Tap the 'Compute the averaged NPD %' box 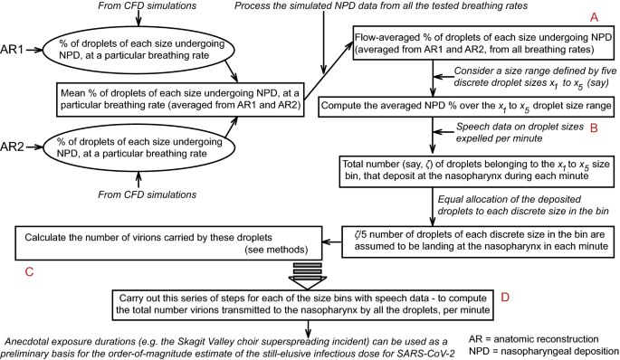point(460,106)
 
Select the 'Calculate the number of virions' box point(150,242)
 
